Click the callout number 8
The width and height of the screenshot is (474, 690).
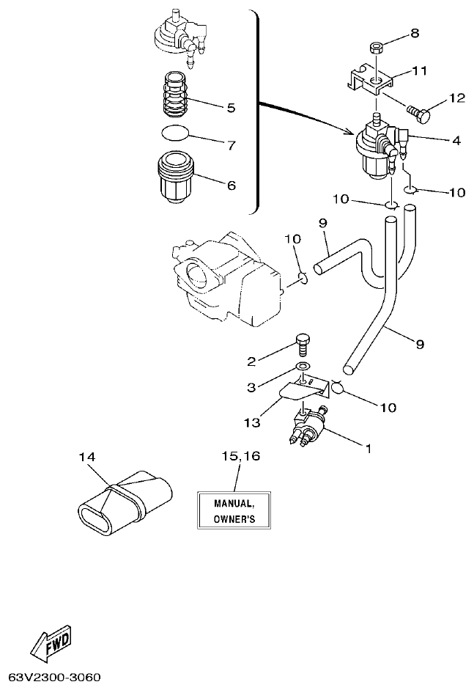(x=415, y=33)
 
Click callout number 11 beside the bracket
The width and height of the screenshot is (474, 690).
(x=420, y=71)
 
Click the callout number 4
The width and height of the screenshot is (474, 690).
(x=456, y=139)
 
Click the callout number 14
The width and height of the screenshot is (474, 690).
(x=87, y=457)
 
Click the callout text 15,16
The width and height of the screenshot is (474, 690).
(x=240, y=456)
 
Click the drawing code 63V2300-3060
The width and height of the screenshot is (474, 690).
(x=55, y=675)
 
